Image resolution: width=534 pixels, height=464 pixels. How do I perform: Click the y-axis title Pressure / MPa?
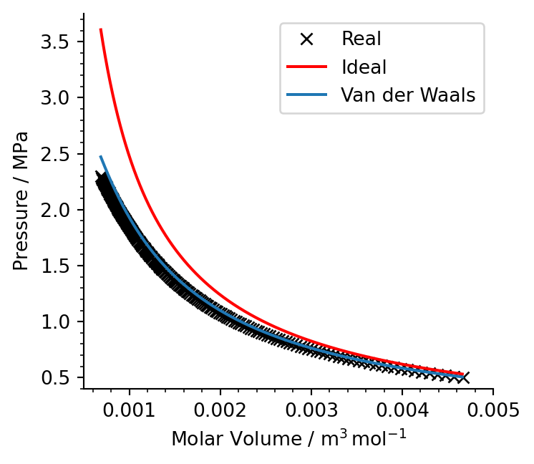point(22,200)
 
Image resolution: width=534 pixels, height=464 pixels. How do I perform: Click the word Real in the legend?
point(361,39)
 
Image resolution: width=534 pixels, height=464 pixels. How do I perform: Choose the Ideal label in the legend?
point(364,67)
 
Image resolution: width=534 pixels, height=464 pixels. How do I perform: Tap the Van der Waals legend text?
point(408,95)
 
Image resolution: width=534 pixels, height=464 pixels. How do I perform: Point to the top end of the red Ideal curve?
point(100,29)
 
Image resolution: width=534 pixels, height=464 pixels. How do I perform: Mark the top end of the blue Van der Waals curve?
point(100,156)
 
